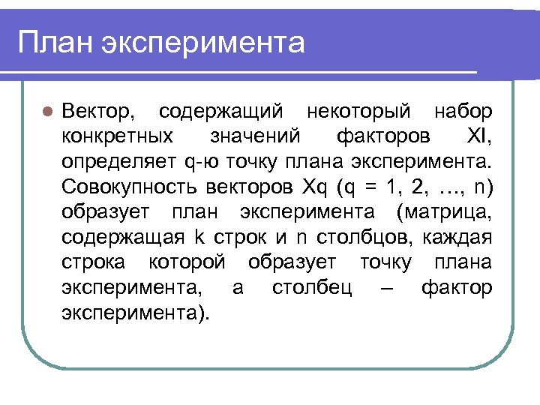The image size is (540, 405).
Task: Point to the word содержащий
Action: pyautogui.click(x=221, y=112)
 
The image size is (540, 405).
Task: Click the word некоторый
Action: pyautogui.click(x=359, y=112)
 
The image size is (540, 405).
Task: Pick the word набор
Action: pyautogui.click(x=463, y=112)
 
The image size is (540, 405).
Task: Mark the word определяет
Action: pyautogui.click(x=119, y=161)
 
